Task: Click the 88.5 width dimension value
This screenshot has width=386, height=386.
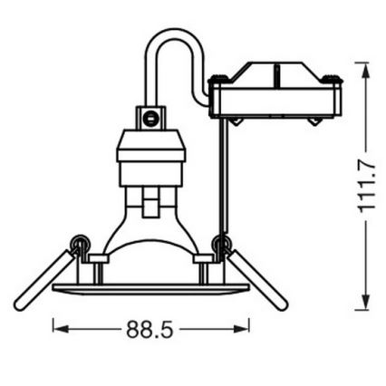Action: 150,331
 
